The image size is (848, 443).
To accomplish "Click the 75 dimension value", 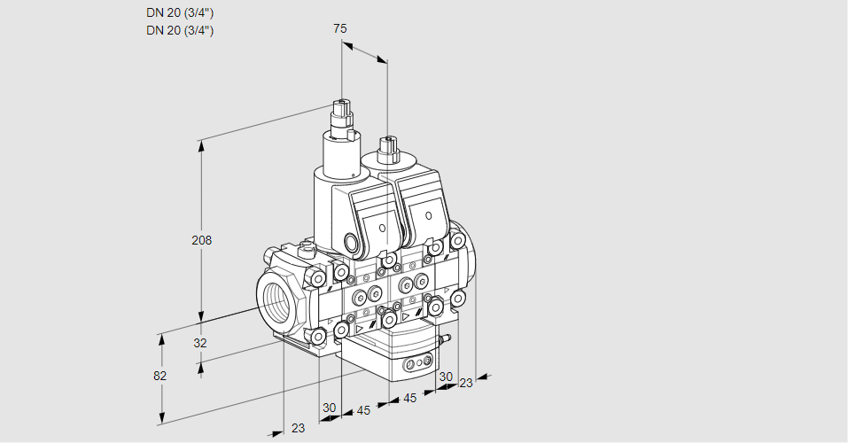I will coord(340,28).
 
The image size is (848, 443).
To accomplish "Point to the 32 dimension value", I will coord(199,343).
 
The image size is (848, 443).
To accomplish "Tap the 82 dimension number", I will coord(159,376).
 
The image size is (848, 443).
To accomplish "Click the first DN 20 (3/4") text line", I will coord(180,12).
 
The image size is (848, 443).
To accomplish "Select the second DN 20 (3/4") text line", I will coord(180,30).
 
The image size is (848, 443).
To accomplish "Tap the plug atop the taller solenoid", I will coord(342,115).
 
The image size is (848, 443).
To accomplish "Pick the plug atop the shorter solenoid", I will coord(386,148).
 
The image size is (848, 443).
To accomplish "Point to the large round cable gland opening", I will coord(350,243).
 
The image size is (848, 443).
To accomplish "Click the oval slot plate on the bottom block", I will coord(418,364).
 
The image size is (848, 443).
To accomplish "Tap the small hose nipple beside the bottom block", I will coord(447,339).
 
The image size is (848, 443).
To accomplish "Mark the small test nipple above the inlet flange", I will coord(307,248).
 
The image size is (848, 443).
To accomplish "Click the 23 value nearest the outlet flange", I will coord(466,383).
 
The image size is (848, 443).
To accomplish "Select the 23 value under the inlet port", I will coord(298,428).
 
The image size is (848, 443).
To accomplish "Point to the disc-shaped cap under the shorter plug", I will coord(388,160).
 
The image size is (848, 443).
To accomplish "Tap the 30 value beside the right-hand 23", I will coord(446,377).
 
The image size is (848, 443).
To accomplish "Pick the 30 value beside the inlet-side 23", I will coord(330,408).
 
